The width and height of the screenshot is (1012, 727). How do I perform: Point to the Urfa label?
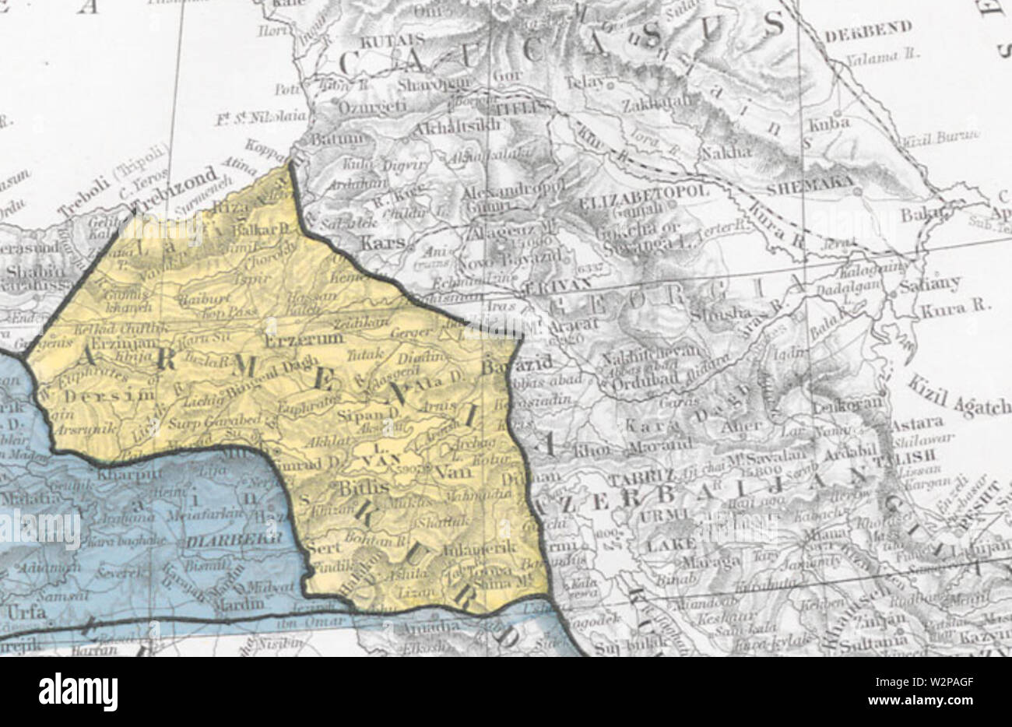(x=26, y=612)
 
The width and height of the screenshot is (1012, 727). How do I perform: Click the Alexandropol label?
(x=502, y=191)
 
